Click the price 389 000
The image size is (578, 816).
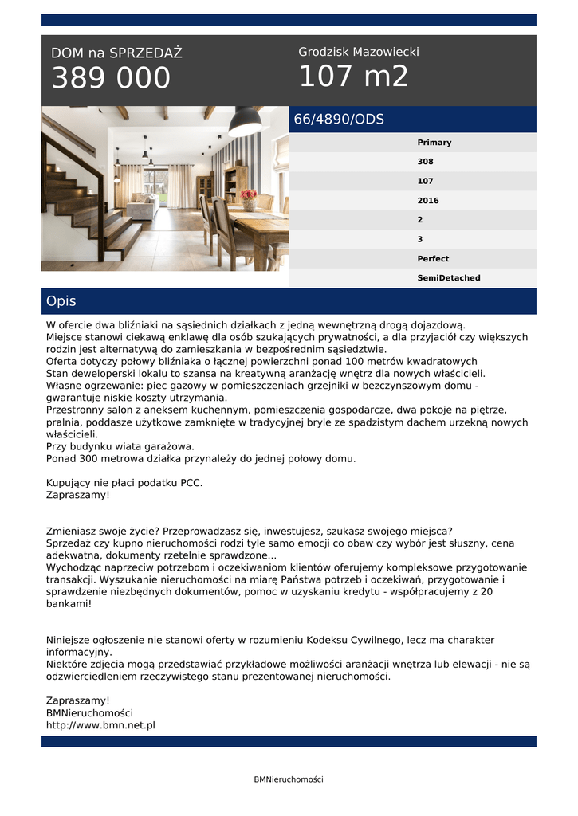point(111,78)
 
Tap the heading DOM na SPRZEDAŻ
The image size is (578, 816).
point(116,53)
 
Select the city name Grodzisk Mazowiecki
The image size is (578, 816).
point(358,52)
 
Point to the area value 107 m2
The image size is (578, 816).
point(353,76)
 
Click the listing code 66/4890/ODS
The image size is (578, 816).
point(339,120)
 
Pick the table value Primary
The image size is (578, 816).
point(434,143)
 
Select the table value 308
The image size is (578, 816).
point(425,162)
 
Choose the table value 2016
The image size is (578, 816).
point(427,201)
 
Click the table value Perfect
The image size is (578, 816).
point(433,259)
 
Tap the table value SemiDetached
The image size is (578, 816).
point(448,278)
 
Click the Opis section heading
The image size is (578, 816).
point(61,301)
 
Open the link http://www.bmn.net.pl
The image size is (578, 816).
point(100,725)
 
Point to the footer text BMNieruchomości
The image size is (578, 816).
point(289,779)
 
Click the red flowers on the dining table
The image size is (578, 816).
point(249,194)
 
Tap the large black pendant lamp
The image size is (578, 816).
point(245,123)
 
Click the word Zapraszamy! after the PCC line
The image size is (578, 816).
point(77,495)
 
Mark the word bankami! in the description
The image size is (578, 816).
point(69,604)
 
